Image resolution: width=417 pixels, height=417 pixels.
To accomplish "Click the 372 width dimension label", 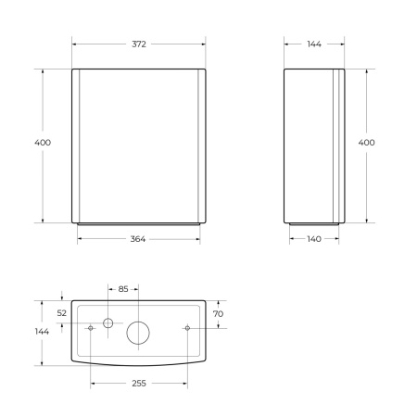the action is (139, 44).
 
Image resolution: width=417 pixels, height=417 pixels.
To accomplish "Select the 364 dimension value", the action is (138, 239).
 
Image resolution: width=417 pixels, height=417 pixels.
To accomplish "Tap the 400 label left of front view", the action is (43, 143).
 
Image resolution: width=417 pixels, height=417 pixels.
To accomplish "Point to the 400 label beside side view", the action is (366, 143).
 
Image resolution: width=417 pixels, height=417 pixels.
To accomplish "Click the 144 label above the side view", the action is (314, 44).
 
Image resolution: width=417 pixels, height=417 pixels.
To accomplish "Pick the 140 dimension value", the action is (314, 239).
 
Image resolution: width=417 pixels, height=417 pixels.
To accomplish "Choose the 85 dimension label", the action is (123, 289).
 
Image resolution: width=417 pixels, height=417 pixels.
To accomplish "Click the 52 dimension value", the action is (62, 313).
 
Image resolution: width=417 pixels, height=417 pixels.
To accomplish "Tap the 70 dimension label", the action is (218, 314).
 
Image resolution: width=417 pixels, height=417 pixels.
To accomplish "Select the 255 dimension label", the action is (139, 384).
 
